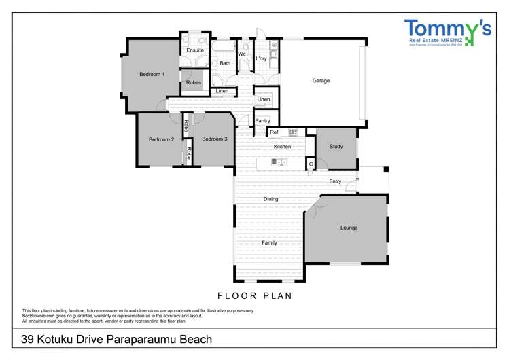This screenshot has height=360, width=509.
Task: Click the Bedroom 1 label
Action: point(152,74)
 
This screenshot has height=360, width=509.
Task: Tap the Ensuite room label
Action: point(195,50)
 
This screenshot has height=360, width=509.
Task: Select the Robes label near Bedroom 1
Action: point(194,83)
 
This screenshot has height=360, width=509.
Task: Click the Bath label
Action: point(225,63)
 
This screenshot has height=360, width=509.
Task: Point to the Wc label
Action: point(242,54)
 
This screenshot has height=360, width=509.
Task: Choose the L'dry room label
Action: point(262,59)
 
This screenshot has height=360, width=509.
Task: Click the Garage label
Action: point(321,81)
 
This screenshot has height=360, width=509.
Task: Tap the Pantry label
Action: point(262,121)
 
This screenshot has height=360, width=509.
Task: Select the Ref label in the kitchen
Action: point(274,132)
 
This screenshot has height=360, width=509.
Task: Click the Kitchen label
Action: point(282,147)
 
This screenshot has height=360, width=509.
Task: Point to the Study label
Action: point(336,147)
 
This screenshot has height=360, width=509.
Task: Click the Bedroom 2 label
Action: point(162,139)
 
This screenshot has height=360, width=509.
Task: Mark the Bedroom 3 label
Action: point(215,139)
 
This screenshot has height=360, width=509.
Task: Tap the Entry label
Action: point(335,181)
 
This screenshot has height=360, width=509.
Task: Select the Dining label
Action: point(271,200)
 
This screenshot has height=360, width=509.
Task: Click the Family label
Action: point(269,242)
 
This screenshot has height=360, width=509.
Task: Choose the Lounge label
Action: point(349,228)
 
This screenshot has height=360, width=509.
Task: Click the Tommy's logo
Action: point(447,33)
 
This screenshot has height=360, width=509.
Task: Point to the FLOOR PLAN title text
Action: point(254,295)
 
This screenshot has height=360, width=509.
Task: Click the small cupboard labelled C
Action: point(311,164)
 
